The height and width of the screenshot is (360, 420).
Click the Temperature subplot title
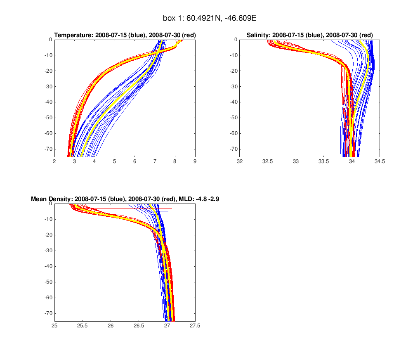pos(125,36)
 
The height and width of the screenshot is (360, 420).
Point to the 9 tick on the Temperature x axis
pos(195,161)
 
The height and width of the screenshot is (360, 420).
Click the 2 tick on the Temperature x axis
pos(54,161)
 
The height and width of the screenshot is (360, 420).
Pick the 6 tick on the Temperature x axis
pos(134,161)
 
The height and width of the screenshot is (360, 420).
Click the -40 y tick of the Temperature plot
pos(48,102)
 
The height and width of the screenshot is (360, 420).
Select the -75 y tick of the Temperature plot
pos(48,156)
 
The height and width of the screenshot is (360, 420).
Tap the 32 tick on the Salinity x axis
pos(240,161)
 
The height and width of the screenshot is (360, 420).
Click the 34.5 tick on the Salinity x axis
pos(380,161)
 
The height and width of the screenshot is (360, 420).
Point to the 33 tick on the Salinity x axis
pos(296,161)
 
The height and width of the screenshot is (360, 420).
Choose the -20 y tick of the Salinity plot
pos(233,71)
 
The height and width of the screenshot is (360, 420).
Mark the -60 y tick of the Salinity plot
pos(233,133)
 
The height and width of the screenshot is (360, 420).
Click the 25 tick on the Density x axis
pos(54,325)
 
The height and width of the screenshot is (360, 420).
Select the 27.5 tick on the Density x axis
pos(195,325)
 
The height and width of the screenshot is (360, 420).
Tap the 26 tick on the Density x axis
pos(111,325)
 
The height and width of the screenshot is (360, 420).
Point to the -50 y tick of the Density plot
pos(48,282)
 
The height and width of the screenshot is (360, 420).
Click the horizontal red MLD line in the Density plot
pos(124,208)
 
